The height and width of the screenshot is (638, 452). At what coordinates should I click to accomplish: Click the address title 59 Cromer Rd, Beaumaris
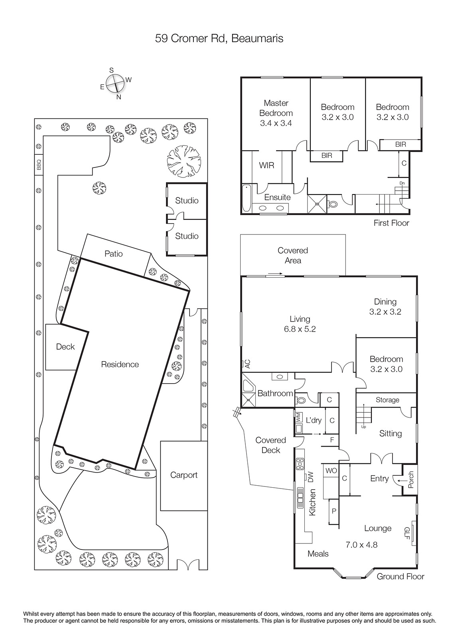coord(219,38)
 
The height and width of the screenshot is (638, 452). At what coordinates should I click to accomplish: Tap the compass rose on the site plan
coord(115,83)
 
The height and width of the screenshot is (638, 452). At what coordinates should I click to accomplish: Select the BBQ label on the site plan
coord(39,165)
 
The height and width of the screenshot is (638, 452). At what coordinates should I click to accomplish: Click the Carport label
coord(184,475)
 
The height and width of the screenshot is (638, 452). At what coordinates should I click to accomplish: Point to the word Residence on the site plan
coord(120,364)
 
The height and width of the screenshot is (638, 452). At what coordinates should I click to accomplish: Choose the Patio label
coord(113,254)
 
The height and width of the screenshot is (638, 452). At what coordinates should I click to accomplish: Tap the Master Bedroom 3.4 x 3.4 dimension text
coord(276,123)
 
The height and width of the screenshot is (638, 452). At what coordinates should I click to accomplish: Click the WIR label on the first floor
coord(266,165)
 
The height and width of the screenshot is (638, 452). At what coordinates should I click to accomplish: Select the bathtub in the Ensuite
coord(246,198)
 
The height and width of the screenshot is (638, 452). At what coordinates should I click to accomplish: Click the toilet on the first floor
coord(332,204)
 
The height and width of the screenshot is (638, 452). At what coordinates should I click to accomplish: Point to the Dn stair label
coord(402,183)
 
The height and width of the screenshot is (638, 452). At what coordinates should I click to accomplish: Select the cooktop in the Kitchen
coord(300,464)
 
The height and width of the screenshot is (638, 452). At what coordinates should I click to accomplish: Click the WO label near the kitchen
coord(331,471)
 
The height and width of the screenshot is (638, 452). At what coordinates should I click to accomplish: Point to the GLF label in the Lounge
coord(407,533)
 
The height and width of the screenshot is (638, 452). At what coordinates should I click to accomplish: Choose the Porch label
coord(411,480)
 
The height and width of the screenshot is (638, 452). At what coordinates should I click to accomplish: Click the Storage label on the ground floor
coord(387,400)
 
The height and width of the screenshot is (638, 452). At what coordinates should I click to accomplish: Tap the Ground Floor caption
coord(401,577)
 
